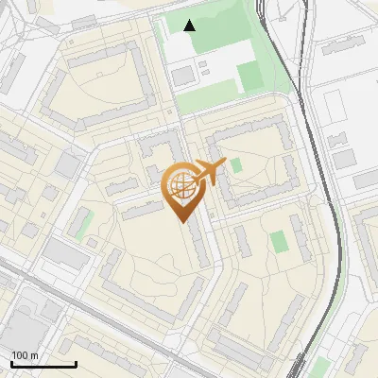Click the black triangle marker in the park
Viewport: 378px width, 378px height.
[190, 26]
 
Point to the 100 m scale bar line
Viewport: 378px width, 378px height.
[43, 364]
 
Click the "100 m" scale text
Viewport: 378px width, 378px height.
[25, 355]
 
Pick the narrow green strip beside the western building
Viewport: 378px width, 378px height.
[83, 224]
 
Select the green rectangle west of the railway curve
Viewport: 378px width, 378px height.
[279, 241]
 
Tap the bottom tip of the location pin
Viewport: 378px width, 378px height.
[181, 221]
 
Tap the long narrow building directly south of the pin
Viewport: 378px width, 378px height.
[198, 246]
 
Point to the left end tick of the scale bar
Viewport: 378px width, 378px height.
[11, 363]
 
